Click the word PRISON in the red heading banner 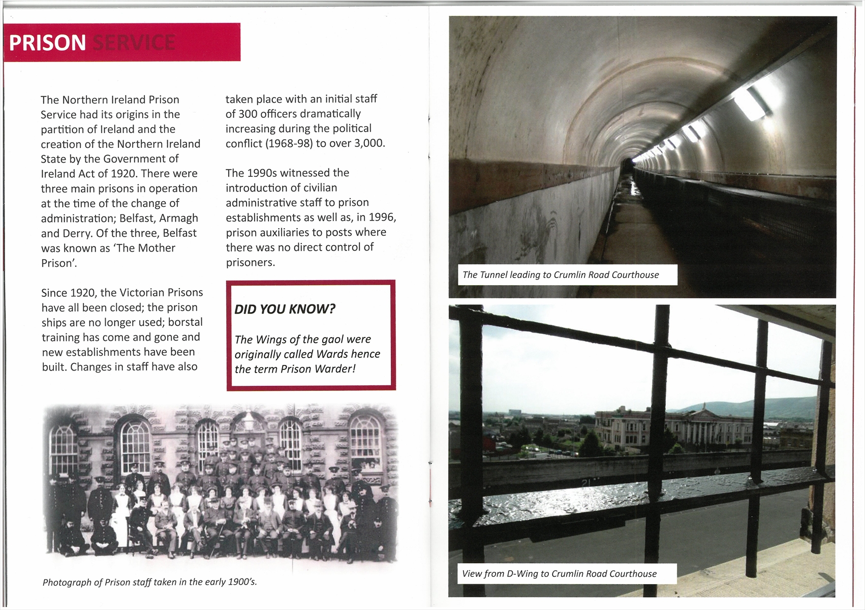(x=47, y=43)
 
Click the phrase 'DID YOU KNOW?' (x=285, y=309)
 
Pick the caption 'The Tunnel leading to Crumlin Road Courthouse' (x=561, y=275)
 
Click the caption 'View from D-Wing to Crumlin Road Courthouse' (x=559, y=574)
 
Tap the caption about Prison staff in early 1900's (x=149, y=582)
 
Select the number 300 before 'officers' (x=248, y=114)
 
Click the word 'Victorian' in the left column (x=143, y=293)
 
